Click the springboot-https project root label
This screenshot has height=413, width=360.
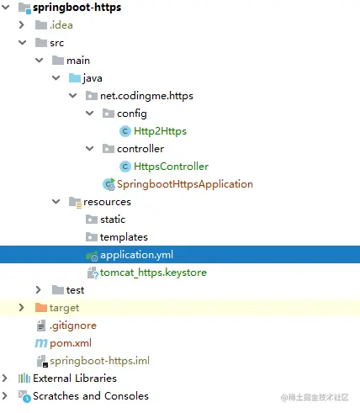tap(77, 8)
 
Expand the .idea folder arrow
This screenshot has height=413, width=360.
tap(22, 25)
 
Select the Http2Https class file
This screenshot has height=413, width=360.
tap(160, 131)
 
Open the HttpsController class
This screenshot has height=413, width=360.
tap(171, 167)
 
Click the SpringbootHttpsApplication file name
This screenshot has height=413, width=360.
tap(185, 184)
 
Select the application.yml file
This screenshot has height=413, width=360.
tap(136, 255)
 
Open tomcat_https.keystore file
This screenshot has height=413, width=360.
tap(153, 273)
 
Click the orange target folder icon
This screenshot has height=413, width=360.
tap(41, 308)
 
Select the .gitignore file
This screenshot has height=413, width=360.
tap(73, 326)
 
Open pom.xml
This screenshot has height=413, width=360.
tap(71, 343)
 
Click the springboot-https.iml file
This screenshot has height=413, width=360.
tap(100, 361)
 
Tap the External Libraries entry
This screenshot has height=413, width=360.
tap(75, 379)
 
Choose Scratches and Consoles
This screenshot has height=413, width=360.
tap(91, 396)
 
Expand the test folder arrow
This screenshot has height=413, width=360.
tap(39, 290)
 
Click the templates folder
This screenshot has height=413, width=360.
tap(124, 237)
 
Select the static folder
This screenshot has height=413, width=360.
tap(113, 220)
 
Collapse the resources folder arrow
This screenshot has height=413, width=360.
tap(56, 202)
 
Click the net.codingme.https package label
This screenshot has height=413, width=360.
tap(146, 96)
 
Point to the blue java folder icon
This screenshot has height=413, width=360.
tap(75, 78)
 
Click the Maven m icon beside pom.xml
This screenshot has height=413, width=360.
tap(41, 343)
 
